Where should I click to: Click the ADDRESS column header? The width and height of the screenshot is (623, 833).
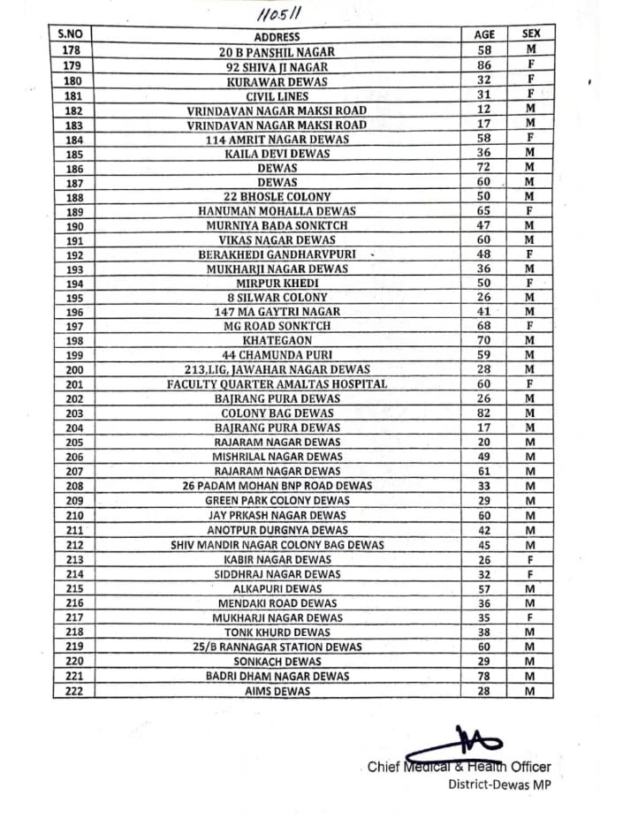click(277, 37)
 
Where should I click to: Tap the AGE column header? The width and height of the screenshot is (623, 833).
click(484, 34)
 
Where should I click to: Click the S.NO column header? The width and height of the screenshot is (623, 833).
click(71, 34)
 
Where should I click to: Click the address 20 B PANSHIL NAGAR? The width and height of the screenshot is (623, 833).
click(277, 52)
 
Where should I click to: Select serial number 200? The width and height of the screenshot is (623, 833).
click(73, 369)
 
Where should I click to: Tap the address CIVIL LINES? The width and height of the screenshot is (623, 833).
click(277, 95)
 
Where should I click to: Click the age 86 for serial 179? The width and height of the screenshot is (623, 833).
click(484, 66)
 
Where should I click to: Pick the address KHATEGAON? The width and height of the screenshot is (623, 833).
click(277, 340)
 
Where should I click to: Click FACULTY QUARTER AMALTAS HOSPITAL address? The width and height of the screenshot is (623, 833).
click(277, 384)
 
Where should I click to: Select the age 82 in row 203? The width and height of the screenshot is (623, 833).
click(484, 413)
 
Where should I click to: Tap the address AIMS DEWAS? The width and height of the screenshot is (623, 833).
click(277, 691)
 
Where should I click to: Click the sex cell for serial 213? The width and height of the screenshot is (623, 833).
click(531, 559)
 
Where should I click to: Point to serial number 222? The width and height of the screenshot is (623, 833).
click(73, 691)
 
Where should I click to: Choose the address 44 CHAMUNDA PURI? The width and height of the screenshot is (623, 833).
click(277, 355)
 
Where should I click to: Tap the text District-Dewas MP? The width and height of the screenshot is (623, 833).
click(499, 784)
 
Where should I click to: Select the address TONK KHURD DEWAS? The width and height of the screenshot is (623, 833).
click(277, 632)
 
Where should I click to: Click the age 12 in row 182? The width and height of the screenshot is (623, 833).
click(484, 110)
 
